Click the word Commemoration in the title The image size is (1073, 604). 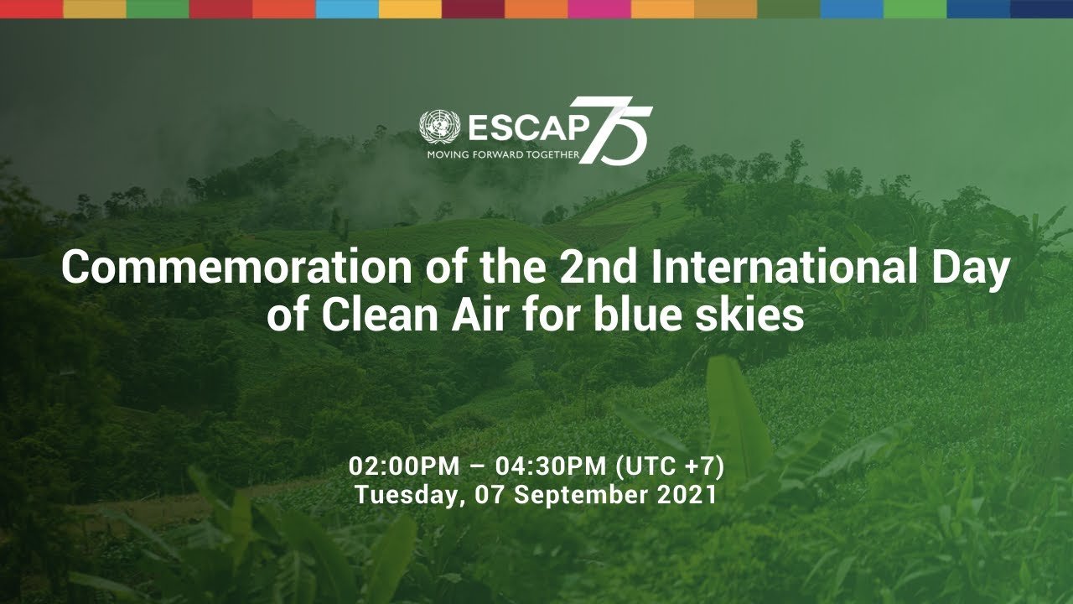coord(236,268)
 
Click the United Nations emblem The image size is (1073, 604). coord(439,127)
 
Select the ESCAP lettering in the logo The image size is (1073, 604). coord(528,128)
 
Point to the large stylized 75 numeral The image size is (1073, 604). coord(615,130)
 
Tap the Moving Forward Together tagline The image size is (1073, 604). coord(504,155)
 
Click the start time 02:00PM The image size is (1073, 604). coord(404,466)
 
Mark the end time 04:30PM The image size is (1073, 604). coord(551,466)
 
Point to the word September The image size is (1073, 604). coord(579,496)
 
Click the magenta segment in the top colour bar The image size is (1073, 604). coord(599,9)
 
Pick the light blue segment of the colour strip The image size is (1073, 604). coord(347,9)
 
